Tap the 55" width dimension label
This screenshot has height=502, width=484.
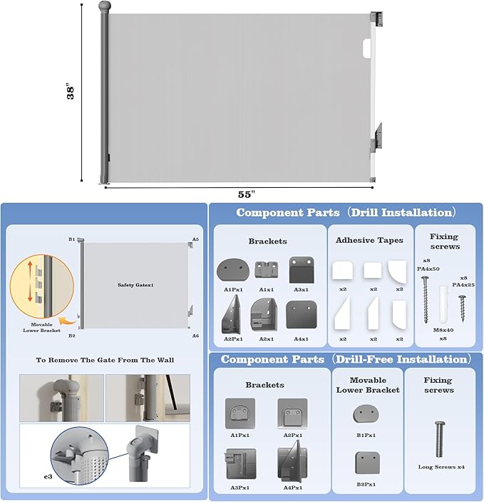pyautogui.click(x=247, y=194)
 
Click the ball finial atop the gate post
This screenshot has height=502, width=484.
pyautogui.click(x=105, y=7)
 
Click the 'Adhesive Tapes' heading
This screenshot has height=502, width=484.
pyautogui.click(x=369, y=240)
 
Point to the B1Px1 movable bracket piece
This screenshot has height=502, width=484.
pyautogui.click(x=366, y=413)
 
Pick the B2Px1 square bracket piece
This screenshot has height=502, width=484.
pyautogui.click(x=366, y=463)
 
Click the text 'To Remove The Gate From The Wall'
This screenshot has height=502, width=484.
pyautogui.click(x=105, y=359)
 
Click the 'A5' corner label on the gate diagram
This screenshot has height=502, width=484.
pyautogui.click(x=195, y=239)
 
